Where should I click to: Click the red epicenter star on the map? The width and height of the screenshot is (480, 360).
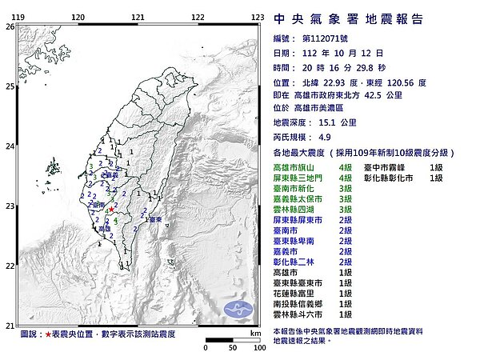(110, 210)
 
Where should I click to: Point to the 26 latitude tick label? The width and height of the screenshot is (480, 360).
(10, 26)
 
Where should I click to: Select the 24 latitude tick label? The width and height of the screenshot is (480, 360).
(10, 146)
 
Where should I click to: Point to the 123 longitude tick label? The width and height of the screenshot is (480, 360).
(258, 16)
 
